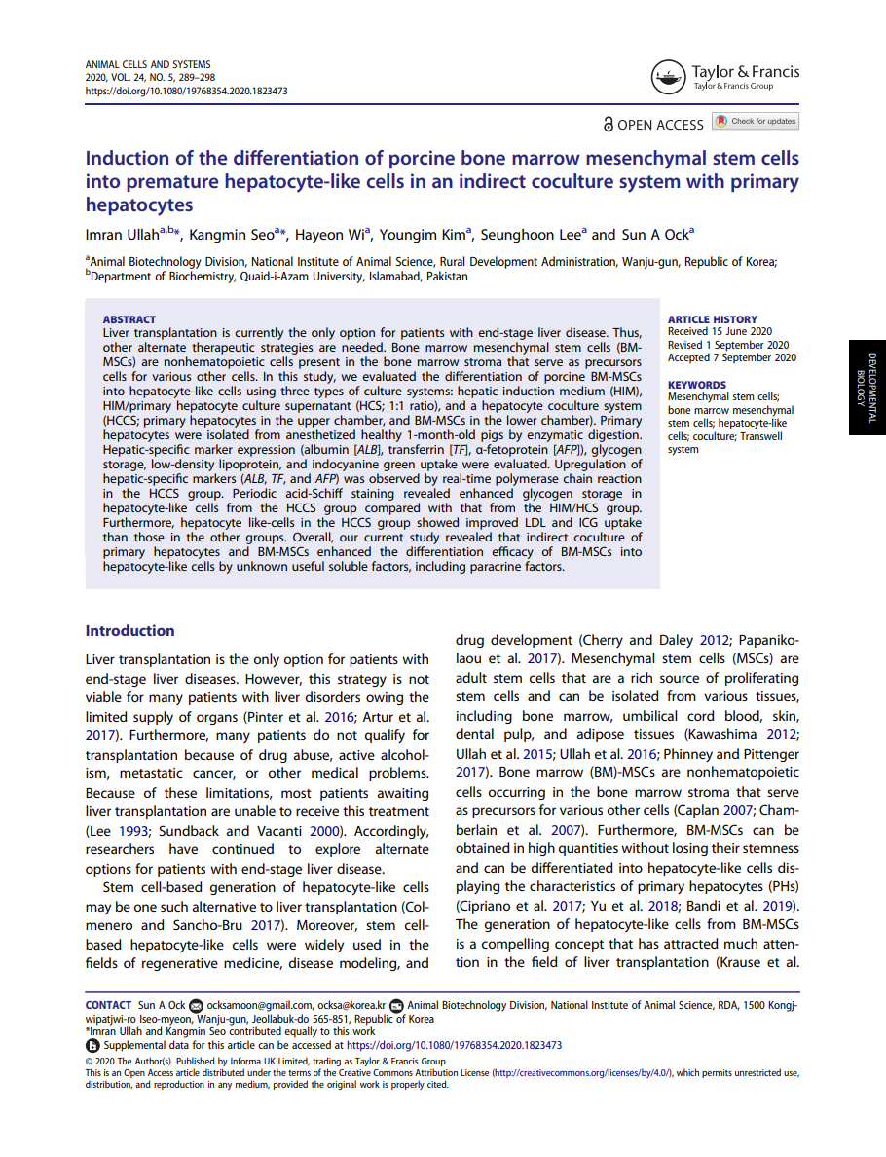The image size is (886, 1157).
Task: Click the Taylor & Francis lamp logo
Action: [668, 77]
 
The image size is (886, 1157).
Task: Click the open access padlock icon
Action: [609, 125]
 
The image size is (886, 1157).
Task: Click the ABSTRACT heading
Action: [129, 319]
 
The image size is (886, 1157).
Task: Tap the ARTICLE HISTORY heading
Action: [713, 319]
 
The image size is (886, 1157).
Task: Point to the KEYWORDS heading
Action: [696, 385]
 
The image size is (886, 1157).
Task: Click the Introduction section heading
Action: [129, 631]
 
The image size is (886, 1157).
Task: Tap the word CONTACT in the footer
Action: [108, 1005]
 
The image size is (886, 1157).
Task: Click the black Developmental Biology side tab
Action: [868, 387]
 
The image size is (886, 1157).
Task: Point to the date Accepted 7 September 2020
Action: [731, 357]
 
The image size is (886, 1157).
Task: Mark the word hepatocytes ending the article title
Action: [139, 205]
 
